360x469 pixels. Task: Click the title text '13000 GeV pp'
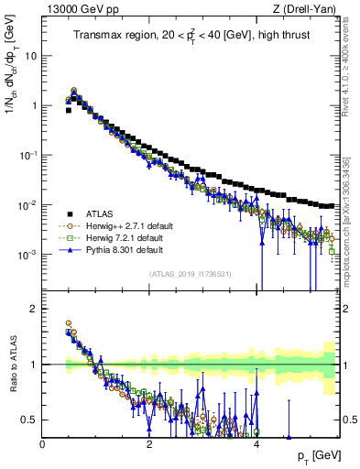(73, 9)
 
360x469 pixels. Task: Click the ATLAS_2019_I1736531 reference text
(191, 274)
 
